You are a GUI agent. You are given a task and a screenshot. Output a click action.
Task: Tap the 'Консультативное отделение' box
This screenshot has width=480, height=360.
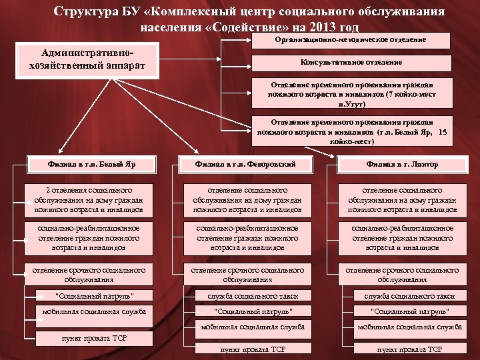pos(351,63)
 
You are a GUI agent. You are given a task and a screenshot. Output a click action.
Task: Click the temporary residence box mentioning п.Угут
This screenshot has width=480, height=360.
pos(351,94)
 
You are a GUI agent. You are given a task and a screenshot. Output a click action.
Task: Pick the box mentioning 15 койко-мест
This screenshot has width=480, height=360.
pos(351,131)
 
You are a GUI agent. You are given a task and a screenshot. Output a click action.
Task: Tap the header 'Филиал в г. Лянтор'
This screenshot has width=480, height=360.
pos(402,163)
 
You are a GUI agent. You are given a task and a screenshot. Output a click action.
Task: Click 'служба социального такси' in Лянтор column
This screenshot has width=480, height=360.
pos(402,295)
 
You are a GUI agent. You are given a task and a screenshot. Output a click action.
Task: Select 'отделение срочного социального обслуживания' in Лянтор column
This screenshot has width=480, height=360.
pos(402,274)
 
